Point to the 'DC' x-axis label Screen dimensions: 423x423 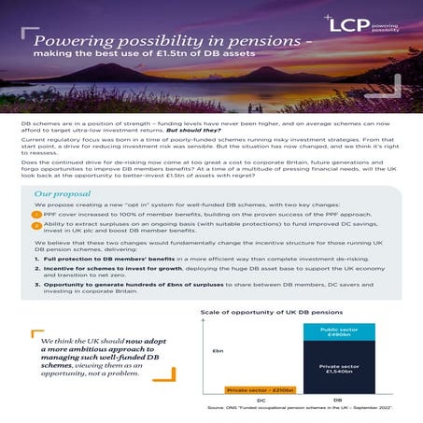click(x=249, y=400)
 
